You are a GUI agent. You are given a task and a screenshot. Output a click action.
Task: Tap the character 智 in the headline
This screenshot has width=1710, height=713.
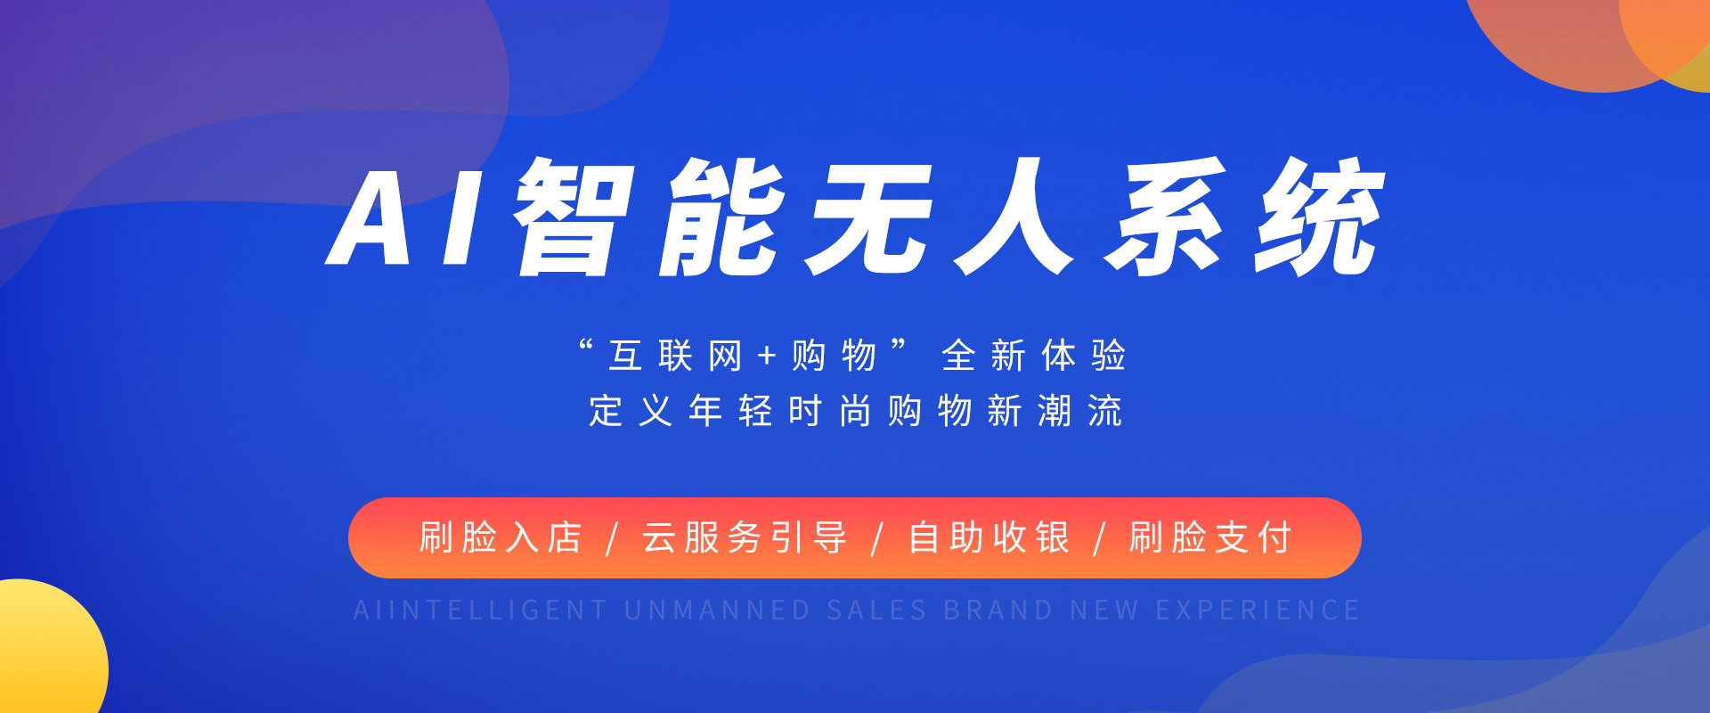(574, 217)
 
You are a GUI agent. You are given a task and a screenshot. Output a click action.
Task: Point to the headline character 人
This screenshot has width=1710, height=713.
(1014, 217)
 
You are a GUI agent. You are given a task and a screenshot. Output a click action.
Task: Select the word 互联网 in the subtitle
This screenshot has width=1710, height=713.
(675, 356)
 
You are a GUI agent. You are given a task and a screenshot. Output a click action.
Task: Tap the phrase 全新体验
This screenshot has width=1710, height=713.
(1034, 356)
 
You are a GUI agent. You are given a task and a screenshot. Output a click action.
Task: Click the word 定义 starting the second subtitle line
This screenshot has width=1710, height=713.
(631, 411)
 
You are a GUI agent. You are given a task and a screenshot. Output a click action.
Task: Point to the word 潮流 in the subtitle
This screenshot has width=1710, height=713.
(1080, 411)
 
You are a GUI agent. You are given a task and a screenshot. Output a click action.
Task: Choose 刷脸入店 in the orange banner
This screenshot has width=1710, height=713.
(501, 538)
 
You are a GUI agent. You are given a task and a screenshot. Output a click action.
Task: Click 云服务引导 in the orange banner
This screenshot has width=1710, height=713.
(745, 538)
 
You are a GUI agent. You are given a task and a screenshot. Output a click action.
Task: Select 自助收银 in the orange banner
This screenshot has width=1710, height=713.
(989, 538)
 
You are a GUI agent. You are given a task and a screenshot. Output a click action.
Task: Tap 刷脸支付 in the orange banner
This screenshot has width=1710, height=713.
(1210, 538)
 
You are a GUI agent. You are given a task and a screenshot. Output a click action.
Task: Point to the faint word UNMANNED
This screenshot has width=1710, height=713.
(717, 611)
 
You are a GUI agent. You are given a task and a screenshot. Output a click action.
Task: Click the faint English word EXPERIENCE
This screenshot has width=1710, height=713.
(1258, 611)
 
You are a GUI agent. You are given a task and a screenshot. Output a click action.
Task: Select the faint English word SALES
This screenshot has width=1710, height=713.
(877, 611)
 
